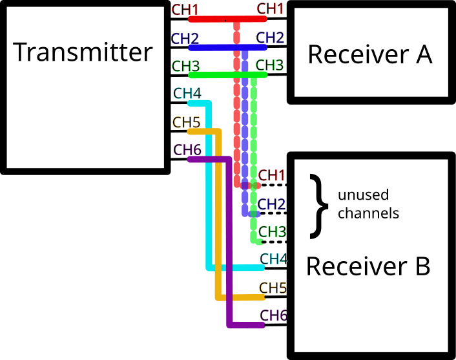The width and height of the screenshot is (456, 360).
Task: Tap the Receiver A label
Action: point(369,54)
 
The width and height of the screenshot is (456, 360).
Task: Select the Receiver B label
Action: point(368,266)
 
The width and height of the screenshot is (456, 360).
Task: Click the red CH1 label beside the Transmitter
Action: point(185,10)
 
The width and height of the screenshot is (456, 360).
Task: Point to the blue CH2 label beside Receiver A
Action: point(270,37)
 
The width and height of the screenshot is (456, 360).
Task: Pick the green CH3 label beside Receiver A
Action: point(270,65)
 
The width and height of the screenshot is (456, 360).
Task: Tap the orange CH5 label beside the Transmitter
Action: point(187,122)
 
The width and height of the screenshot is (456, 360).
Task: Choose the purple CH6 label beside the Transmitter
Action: point(187,149)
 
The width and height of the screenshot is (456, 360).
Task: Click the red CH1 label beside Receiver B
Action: point(271,175)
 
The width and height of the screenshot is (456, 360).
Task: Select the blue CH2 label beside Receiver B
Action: point(271,204)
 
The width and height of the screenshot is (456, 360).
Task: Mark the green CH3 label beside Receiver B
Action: point(271,231)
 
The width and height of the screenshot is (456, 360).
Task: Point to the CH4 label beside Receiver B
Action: point(273,259)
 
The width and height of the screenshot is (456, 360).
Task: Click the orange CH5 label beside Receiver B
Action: point(273,288)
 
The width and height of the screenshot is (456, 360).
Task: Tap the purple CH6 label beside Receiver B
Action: point(273,315)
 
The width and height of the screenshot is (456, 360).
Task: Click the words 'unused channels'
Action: point(368,204)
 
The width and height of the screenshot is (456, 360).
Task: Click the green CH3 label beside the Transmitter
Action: point(185,65)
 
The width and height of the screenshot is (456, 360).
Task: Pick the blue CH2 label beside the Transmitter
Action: point(185,37)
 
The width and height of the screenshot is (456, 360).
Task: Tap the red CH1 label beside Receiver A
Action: point(270,9)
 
